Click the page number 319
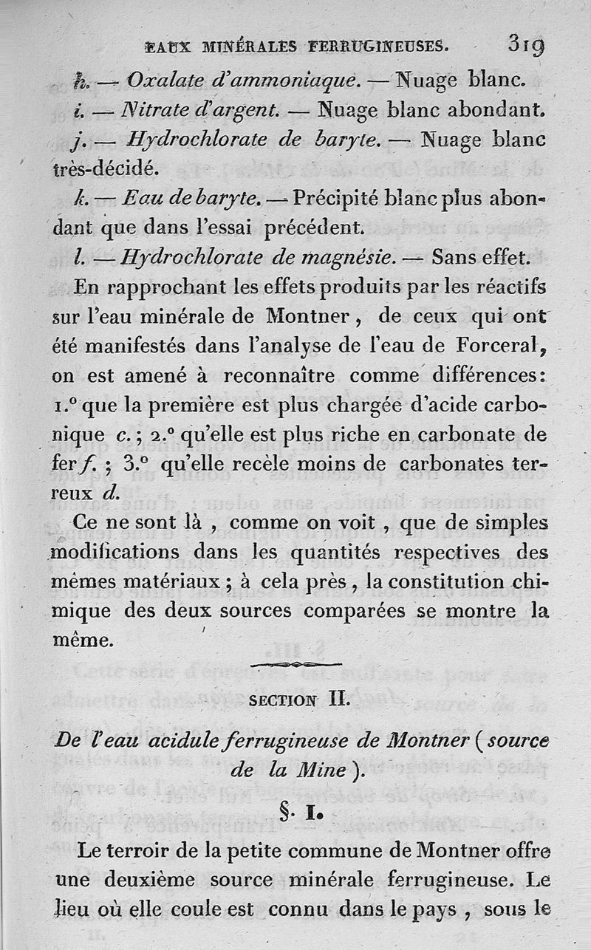[x=526, y=45]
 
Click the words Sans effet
[x=480, y=258]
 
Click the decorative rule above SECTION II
[x=295, y=664]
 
